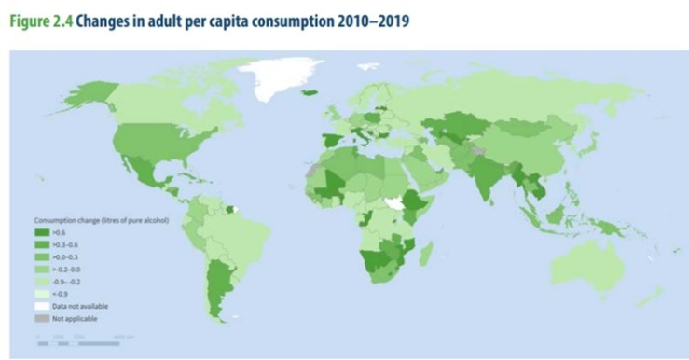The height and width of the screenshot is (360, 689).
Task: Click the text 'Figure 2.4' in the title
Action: pos(40,20)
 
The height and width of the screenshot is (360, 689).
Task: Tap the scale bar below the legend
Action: pos(79,342)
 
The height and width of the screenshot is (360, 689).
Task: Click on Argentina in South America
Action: pos(219,289)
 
